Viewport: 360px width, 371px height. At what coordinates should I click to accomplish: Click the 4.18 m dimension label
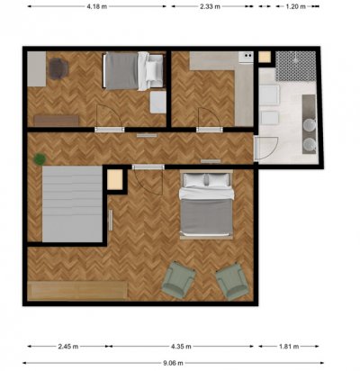pos(96,6)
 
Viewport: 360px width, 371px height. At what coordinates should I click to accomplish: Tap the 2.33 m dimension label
pos(210,6)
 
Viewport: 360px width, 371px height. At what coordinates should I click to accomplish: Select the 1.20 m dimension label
pos(295,6)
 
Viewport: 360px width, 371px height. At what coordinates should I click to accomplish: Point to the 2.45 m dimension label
pos(68,347)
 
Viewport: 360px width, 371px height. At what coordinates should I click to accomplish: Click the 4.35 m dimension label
pos(181,347)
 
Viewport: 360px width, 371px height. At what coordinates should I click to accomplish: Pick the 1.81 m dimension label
pos(289,347)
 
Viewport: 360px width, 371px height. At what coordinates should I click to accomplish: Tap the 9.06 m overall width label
pos(173,363)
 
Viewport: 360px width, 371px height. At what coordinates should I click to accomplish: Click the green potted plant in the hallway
pos(40,158)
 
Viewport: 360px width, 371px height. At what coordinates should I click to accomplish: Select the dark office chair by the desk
pos(58,68)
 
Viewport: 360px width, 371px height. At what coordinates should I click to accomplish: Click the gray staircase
pos(72,204)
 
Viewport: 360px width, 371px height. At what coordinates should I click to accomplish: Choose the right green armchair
pos(232,281)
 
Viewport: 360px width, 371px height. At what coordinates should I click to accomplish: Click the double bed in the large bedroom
pos(206,205)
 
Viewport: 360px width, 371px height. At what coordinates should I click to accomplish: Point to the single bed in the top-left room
pos(133,71)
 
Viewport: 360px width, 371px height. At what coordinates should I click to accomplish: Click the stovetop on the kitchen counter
pos(246,58)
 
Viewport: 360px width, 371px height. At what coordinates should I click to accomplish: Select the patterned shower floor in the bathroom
pos(296,66)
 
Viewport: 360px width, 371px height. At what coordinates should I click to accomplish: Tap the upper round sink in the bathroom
pos(309,124)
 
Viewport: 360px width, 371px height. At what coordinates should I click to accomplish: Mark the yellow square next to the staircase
pos(115,179)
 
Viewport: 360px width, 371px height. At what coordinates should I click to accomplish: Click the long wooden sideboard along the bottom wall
pos(77,290)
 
